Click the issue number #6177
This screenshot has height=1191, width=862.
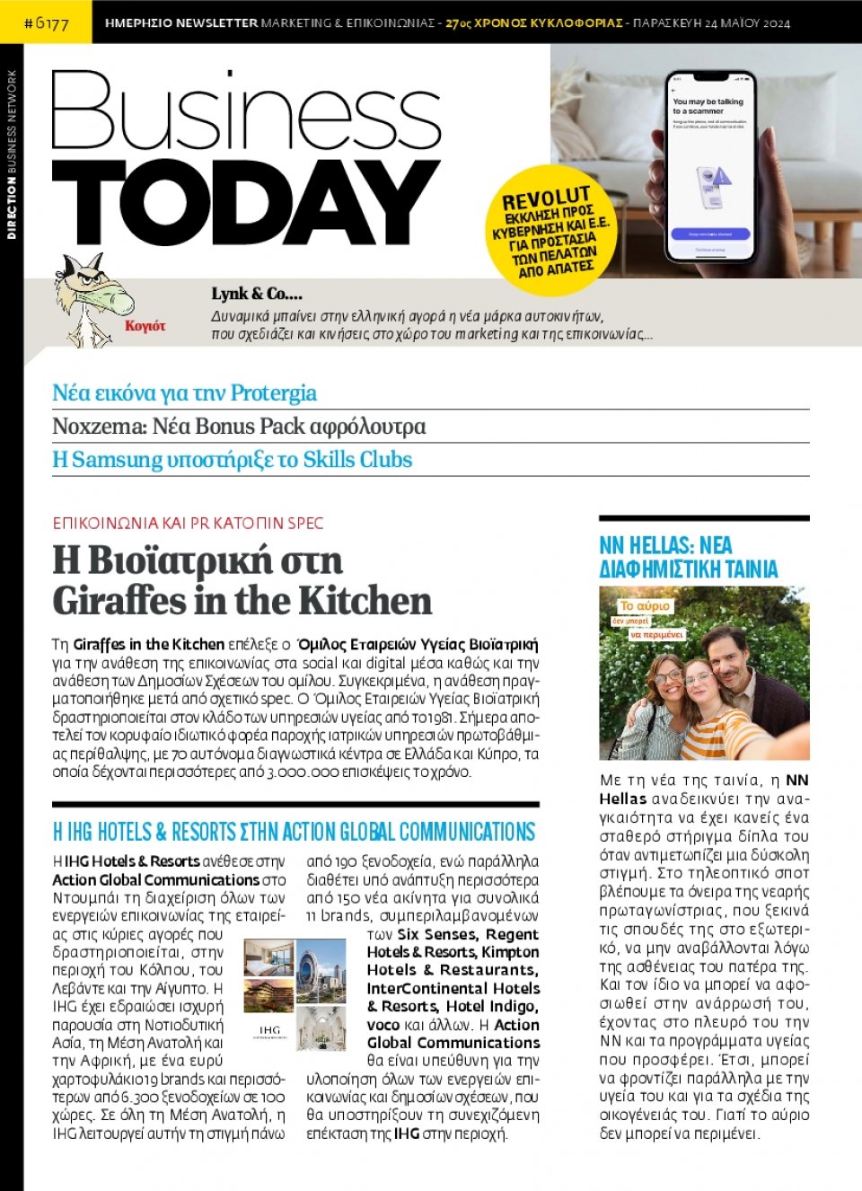click(46, 22)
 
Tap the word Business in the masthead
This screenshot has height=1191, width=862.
click(245, 111)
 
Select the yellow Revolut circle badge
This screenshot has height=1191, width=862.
click(552, 230)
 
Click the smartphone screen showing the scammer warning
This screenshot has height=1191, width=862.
click(710, 167)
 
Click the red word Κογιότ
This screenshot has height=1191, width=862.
click(145, 325)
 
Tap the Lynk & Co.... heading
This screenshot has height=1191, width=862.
click(257, 294)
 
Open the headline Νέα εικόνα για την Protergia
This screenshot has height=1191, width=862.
click(184, 393)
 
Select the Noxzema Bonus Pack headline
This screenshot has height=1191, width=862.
click(239, 426)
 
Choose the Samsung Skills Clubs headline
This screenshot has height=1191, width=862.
click(232, 459)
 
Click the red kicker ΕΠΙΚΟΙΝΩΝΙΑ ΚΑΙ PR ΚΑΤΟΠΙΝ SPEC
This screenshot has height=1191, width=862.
click(188, 523)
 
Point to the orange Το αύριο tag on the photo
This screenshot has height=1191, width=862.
click(646, 605)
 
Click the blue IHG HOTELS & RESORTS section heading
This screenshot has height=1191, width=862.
click(294, 831)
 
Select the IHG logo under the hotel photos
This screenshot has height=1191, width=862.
click(269, 1031)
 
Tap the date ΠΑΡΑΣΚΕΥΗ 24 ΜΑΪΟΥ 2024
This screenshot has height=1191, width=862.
click(711, 22)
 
